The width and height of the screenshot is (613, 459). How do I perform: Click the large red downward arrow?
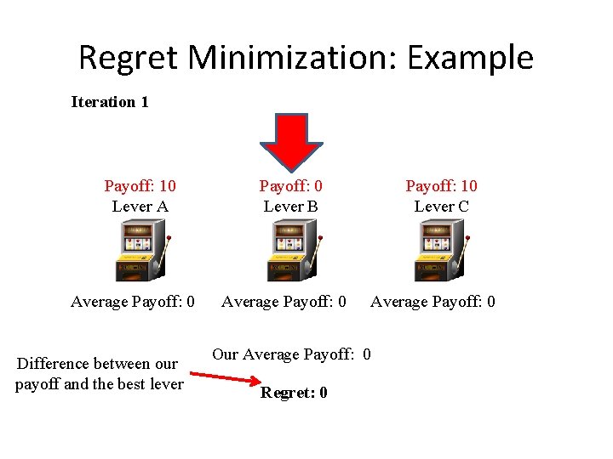[291, 140]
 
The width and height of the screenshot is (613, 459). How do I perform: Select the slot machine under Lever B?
[291, 252]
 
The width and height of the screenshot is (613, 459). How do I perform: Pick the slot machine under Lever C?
[440, 252]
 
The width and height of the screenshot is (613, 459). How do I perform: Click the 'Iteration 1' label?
[110, 102]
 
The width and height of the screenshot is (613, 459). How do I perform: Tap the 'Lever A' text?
[140, 207]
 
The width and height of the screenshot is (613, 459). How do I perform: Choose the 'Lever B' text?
[291, 207]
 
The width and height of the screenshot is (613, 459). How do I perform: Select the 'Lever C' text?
[441, 207]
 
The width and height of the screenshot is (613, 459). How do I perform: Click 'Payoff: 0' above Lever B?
[291, 186]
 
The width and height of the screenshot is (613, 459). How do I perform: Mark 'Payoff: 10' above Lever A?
[140, 186]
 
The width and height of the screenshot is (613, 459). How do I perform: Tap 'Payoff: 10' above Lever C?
[441, 186]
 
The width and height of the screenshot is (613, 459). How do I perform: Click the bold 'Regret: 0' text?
[294, 393]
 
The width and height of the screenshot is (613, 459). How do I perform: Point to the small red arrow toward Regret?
[223, 378]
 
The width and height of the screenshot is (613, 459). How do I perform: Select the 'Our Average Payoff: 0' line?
[291, 354]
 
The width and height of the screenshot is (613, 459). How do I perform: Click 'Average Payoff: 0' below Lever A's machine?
[133, 302]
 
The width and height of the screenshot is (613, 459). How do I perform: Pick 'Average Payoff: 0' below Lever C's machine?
[433, 302]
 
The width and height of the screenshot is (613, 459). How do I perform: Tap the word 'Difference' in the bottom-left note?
[54, 364]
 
